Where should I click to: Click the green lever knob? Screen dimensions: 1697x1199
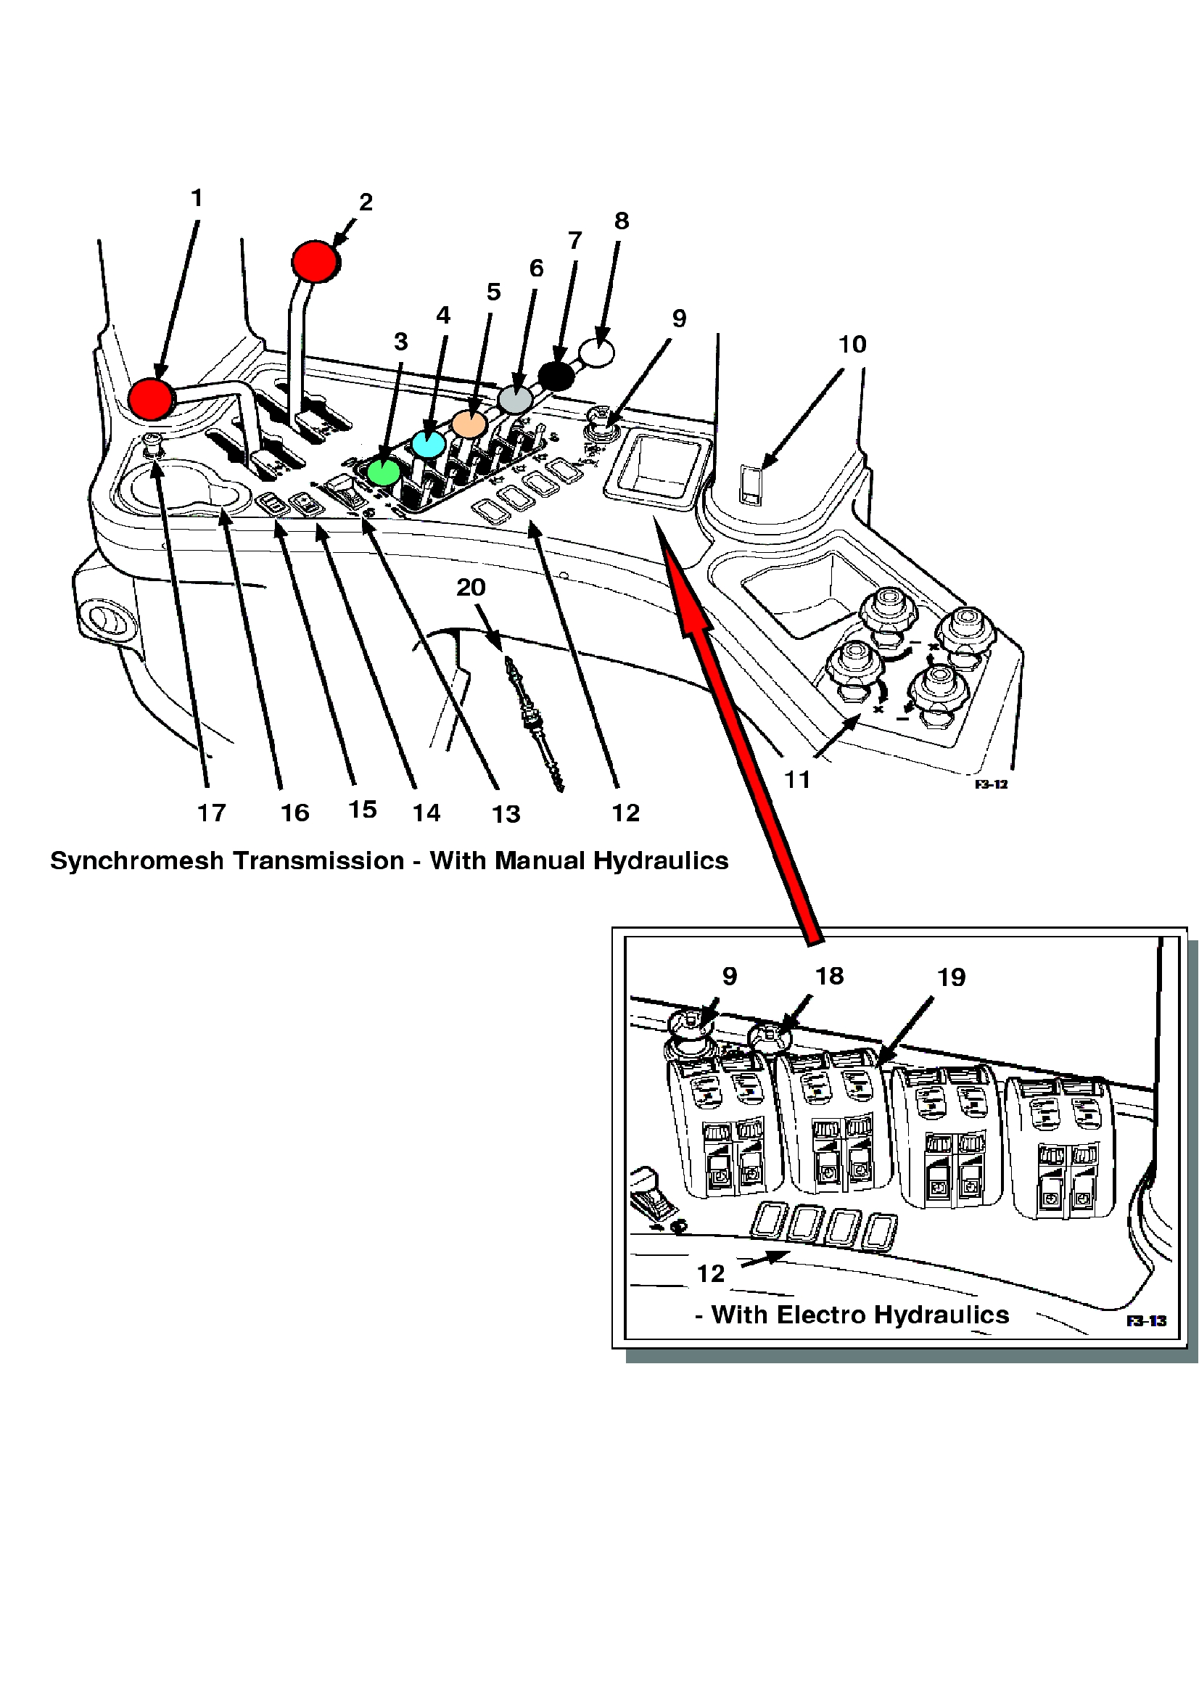point(384,471)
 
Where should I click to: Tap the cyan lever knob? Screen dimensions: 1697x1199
point(429,443)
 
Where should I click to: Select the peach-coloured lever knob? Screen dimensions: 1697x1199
point(469,424)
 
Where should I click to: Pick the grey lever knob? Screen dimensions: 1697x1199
point(515,399)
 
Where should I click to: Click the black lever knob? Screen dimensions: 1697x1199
point(556,377)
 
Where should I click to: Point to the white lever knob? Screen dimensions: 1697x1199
point(597,353)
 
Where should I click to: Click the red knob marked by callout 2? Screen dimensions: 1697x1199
point(316,261)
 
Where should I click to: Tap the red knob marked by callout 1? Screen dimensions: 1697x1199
point(151,398)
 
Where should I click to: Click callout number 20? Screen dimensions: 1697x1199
point(471,588)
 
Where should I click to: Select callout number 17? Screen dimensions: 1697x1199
point(211,813)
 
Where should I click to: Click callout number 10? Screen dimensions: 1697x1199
point(852,345)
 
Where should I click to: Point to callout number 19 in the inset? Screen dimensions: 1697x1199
point(951,978)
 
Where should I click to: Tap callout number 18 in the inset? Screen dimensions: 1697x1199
point(829,977)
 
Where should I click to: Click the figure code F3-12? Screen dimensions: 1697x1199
point(991,784)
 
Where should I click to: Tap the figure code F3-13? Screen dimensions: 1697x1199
point(1146,1320)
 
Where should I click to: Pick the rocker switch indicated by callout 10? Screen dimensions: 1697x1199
point(751,485)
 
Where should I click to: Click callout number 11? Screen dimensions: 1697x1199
point(797,780)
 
